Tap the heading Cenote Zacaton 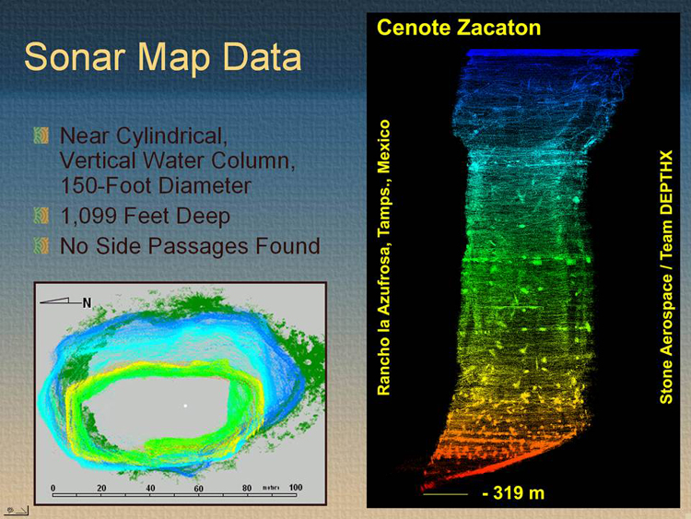[459, 28]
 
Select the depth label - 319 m [513, 493]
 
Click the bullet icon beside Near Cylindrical [41, 136]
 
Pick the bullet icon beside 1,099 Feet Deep [41, 216]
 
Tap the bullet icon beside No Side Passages [41, 245]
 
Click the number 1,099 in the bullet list [88, 217]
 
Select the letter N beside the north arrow [87, 303]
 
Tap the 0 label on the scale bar [53, 489]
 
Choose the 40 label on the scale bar [150, 489]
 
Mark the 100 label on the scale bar [296, 488]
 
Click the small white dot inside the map [185, 406]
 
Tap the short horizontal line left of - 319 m [445, 494]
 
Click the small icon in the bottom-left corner [17, 510]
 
